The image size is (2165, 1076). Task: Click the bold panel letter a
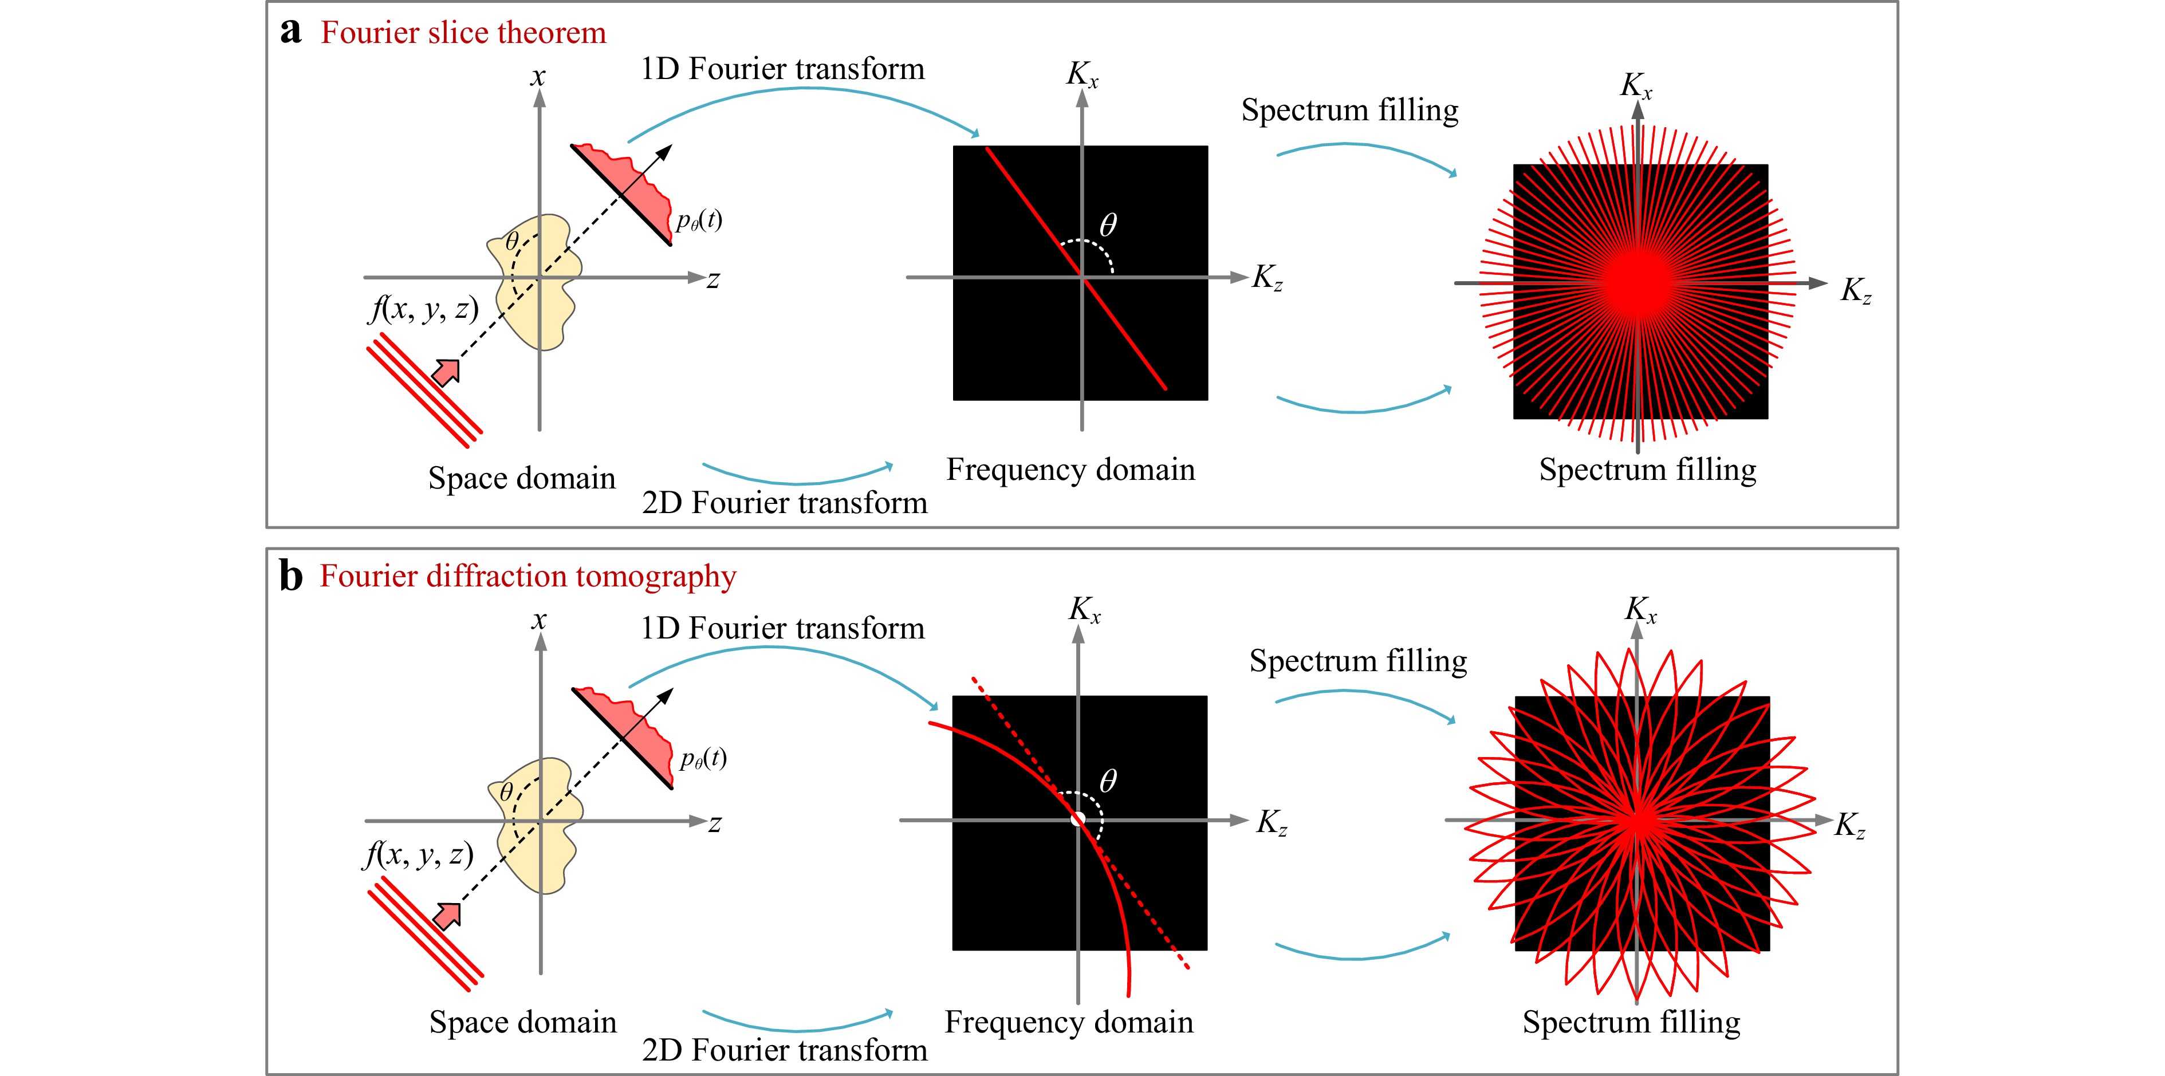click(291, 32)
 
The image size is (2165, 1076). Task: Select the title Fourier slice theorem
click(463, 32)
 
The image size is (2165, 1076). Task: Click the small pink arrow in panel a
click(446, 371)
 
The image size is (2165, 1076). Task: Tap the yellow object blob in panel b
click(538, 825)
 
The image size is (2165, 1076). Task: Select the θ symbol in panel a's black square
click(1108, 225)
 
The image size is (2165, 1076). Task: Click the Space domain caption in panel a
click(522, 478)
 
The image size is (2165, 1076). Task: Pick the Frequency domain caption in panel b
click(1069, 1022)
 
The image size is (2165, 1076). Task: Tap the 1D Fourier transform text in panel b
click(782, 628)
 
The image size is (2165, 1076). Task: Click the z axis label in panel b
click(714, 824)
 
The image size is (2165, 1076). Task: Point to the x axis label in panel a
click(538, 77)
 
